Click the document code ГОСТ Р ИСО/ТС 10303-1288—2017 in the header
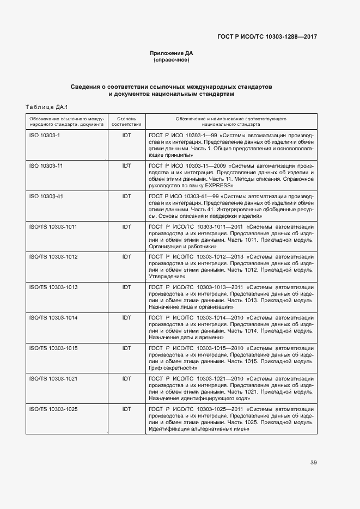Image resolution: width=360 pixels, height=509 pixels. (x=267, y=36)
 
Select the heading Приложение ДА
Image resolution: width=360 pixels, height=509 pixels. (x=172, y=53)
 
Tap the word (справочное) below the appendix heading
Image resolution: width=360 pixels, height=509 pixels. (x=172, y=60)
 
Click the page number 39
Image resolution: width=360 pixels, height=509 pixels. (x=314, y=463)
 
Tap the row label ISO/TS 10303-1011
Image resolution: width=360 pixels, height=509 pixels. (x=53, y=226)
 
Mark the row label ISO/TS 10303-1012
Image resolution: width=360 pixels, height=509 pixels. (x=53, y=256)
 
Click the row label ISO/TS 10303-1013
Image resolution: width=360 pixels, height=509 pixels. (x=53, y=287)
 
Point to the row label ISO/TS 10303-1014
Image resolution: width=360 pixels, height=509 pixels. (x=53, y=317)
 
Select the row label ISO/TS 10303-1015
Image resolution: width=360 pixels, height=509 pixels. (x=53, y=347)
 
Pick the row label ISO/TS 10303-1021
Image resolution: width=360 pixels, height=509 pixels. (x=53, y=378)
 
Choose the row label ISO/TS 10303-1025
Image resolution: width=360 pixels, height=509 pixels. (x=53, y=408)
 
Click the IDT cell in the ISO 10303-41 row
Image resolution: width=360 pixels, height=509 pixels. (x=126, y=196)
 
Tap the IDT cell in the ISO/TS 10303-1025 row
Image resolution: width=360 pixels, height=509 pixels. (x=126, y=408)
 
